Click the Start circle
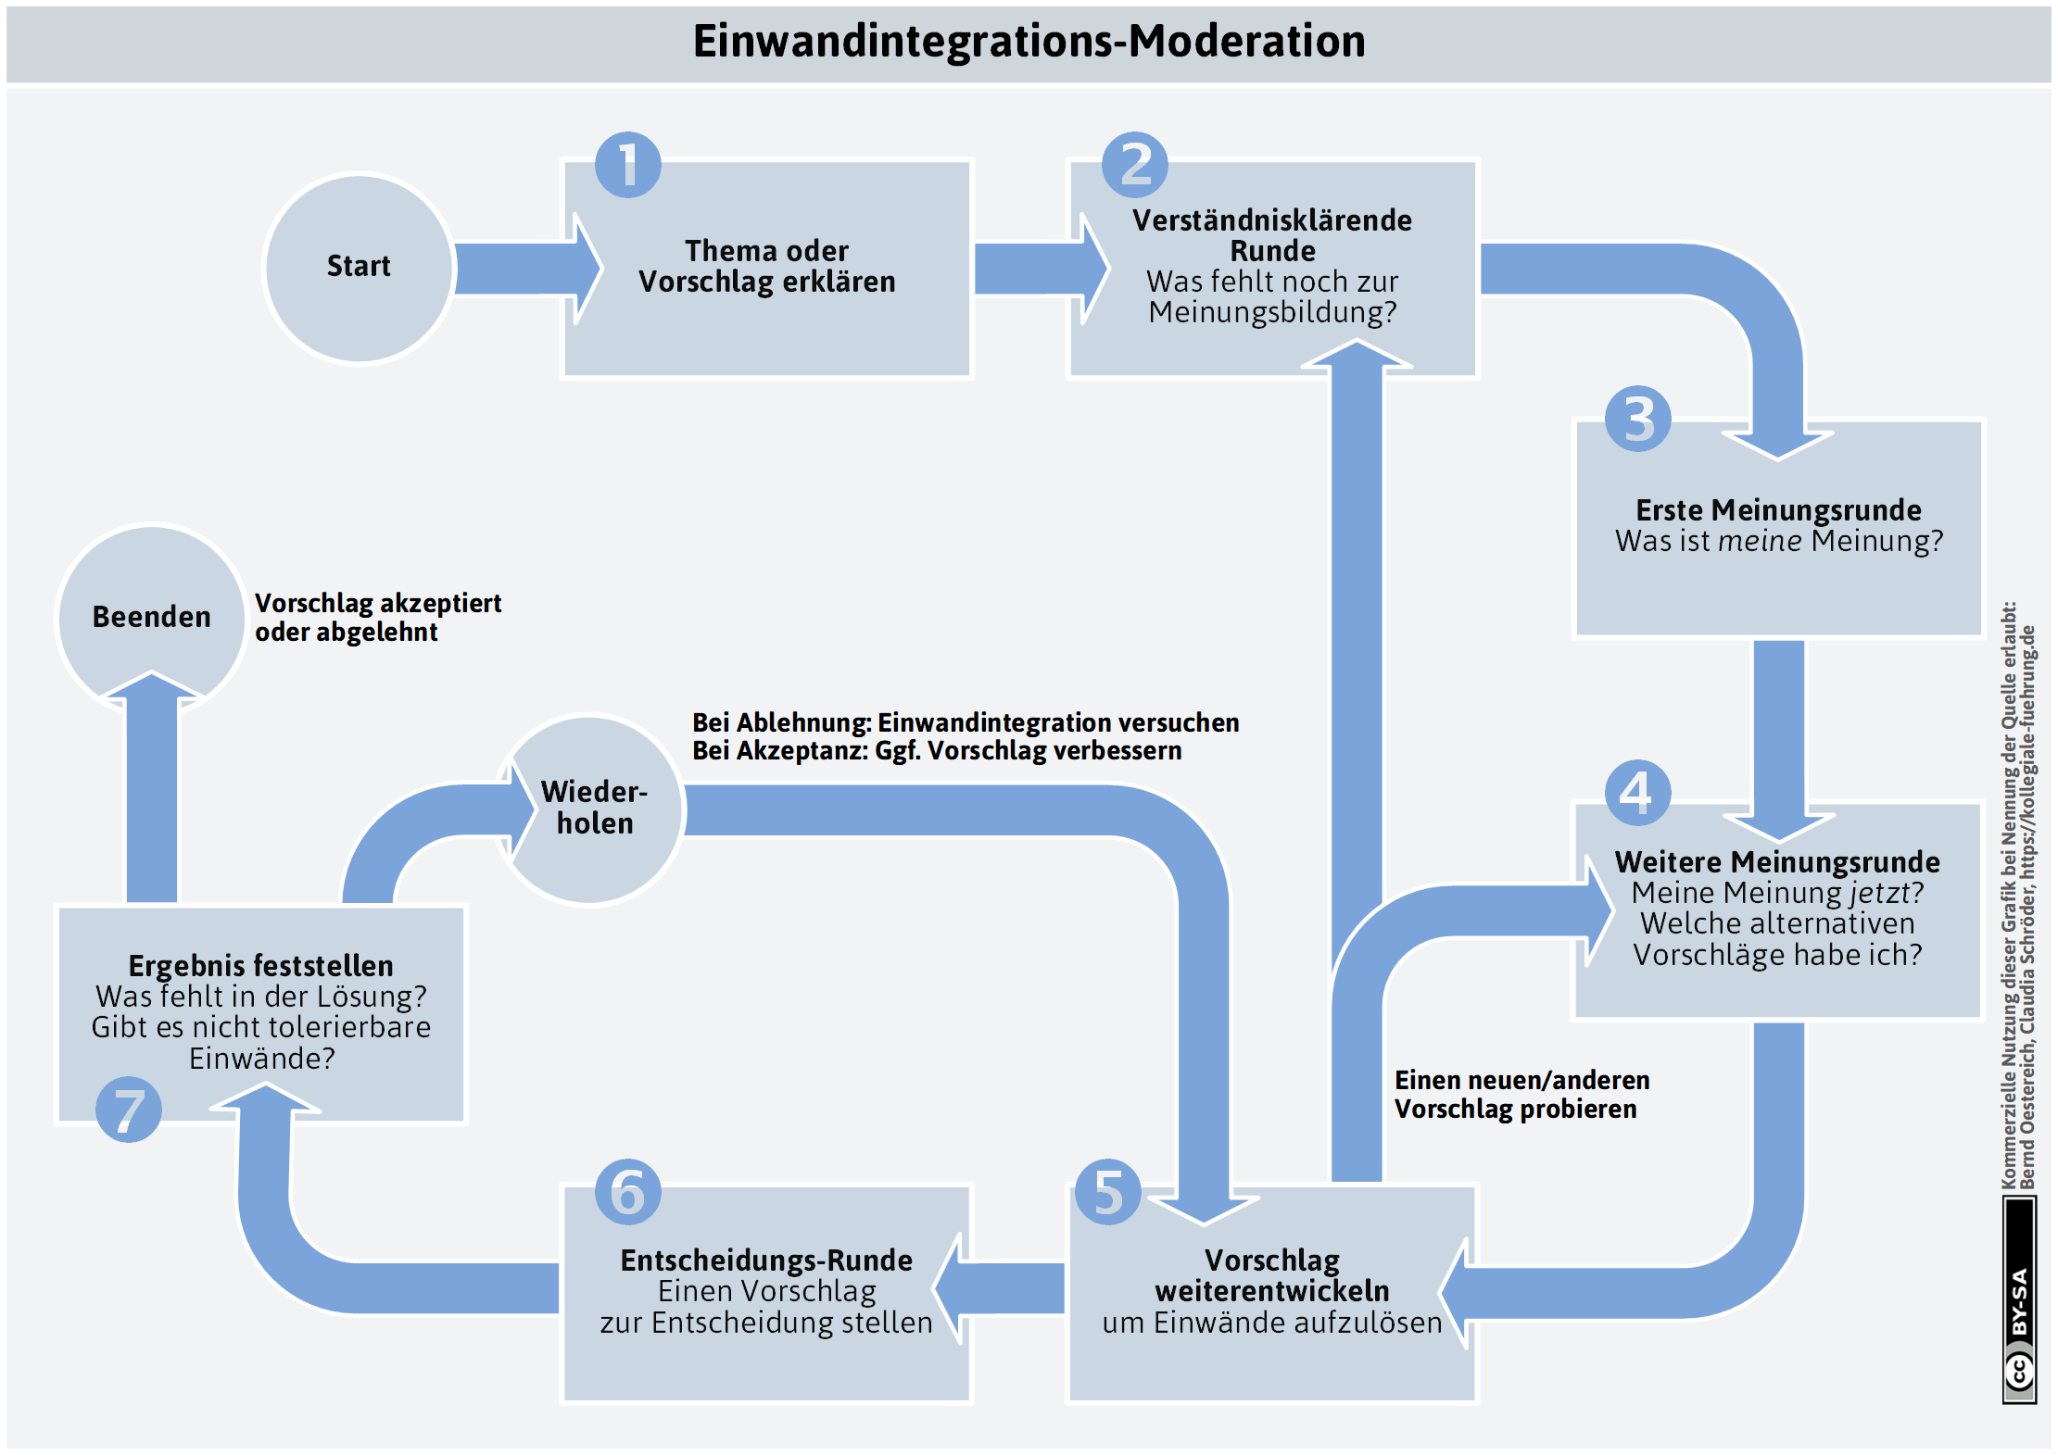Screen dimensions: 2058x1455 point(360,268)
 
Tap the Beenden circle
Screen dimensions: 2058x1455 point(151,618)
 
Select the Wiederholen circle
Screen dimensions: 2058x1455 point(590,809)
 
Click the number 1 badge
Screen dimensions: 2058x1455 point(628,165)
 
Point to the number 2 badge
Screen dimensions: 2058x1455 point(1135,165)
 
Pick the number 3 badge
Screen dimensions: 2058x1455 point(1638,419)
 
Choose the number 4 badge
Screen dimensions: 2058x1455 point(1638,793)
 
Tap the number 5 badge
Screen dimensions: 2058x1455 point(1108,1192)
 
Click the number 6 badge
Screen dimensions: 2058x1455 point(628,1192)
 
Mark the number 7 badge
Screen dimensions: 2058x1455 point(129,1110)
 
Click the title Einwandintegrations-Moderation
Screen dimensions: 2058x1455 point(1029,42)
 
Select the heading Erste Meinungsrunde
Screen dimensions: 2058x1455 point(1778,510)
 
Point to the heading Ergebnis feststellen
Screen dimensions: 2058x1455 point(261,966)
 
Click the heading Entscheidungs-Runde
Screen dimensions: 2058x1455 point(767,1261)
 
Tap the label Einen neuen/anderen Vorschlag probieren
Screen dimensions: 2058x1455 point(1522,1095)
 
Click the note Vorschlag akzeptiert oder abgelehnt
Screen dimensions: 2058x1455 point(378,618)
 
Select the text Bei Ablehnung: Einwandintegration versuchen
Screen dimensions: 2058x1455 point(966,722)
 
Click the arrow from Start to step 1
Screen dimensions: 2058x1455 point(529,269)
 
